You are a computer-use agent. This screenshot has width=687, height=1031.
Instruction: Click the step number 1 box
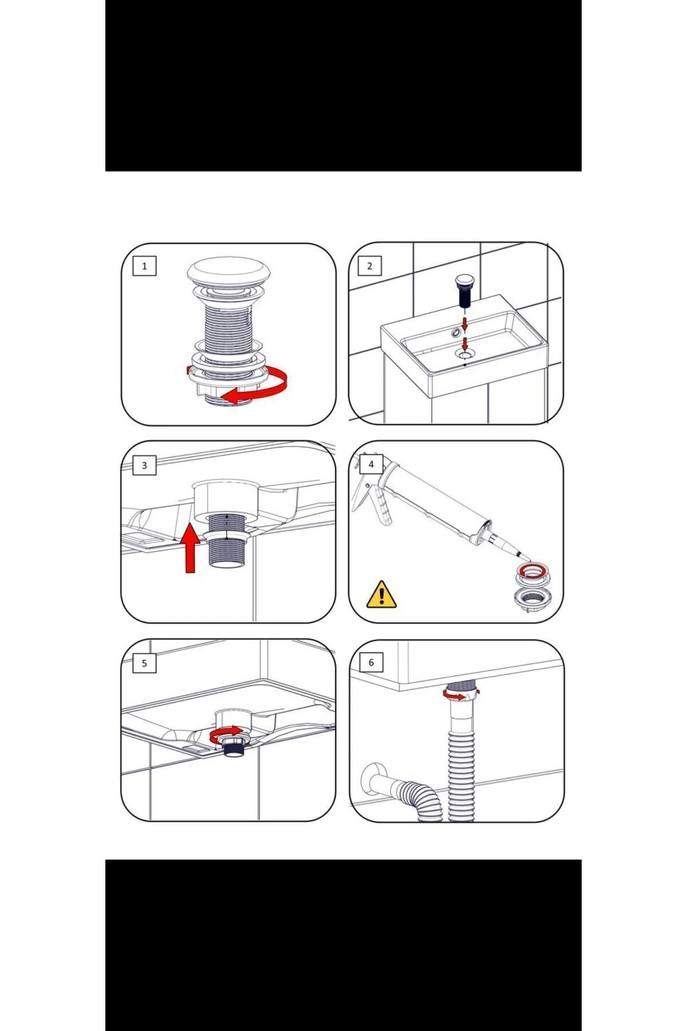(144, 266)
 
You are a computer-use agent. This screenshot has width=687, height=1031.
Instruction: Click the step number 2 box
(370, 266)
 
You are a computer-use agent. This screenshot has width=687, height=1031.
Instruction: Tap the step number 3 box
(144, 465)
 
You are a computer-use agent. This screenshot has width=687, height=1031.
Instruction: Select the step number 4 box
(371, 464)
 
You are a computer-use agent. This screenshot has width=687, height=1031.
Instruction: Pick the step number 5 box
(144, 663)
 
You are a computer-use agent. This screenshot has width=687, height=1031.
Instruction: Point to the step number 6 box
(371, 662)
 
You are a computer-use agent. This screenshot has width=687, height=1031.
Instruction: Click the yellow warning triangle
(381, 594)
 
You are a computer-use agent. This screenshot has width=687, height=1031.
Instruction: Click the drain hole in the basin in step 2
(464, 355)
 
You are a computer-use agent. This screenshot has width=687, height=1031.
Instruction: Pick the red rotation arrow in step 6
(458, 694)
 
